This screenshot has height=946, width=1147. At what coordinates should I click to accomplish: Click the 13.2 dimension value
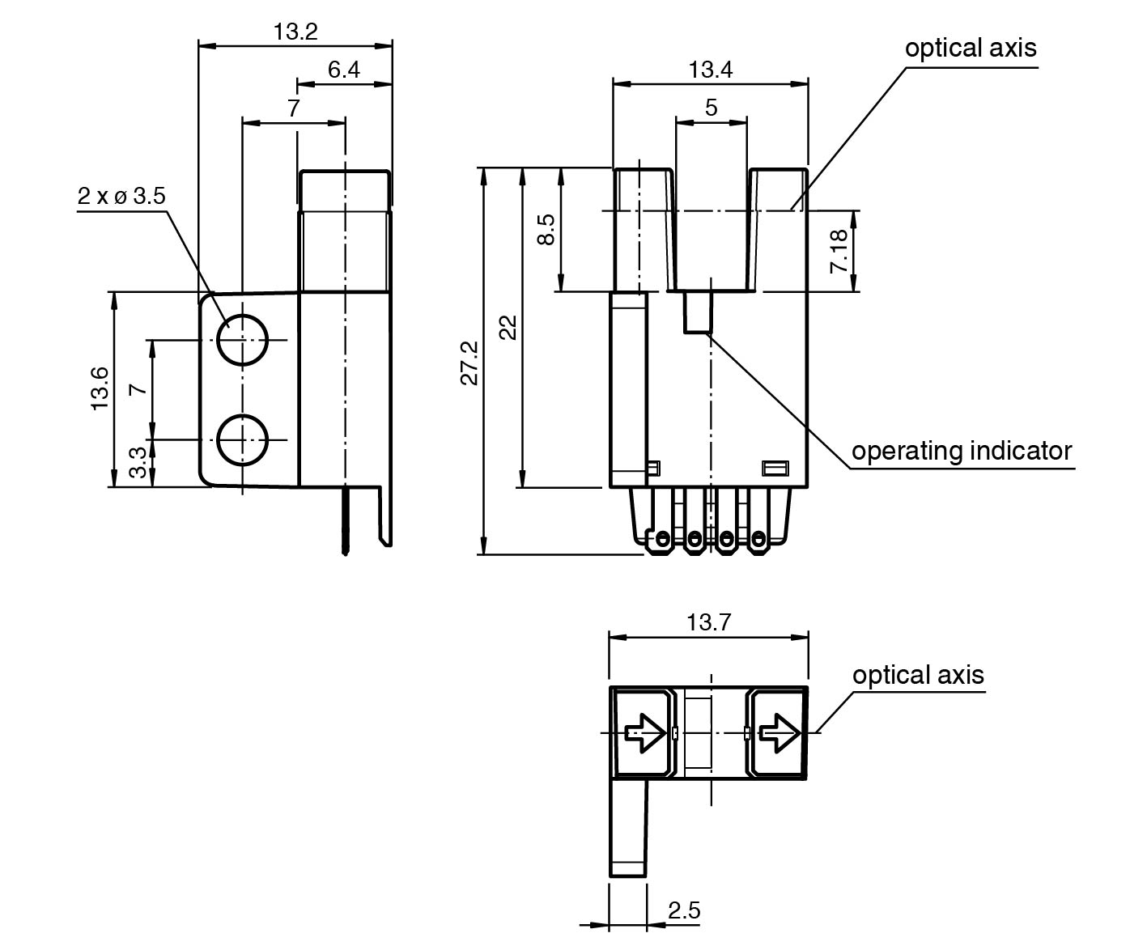point(295,32)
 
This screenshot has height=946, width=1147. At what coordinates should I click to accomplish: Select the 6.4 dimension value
point(343,70)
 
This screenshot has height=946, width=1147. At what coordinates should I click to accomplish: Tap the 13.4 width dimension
point(710,70)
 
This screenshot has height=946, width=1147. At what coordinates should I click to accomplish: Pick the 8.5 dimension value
point(546,230)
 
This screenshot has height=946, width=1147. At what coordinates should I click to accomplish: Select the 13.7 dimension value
point(708,623)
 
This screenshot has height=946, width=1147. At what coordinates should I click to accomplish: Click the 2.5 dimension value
point(684,911)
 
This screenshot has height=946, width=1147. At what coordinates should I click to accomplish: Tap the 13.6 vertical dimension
point(100,388)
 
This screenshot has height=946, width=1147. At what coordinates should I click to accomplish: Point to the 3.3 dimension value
point(139,463)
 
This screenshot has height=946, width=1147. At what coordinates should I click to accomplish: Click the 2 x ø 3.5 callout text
point(121,197)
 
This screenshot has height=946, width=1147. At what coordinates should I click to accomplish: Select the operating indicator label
point(961,451)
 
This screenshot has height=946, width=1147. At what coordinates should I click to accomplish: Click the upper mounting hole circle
point(242,340)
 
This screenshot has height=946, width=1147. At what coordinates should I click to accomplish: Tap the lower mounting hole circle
point(242,439)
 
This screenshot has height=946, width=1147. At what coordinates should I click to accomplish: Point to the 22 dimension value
point(508,327)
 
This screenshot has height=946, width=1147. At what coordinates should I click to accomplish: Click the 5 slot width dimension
point(711,108)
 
